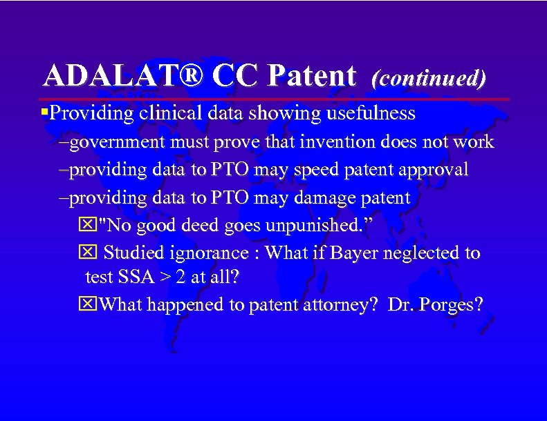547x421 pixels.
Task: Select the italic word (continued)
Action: [429, 77]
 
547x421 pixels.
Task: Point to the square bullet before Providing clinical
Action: [45, 112]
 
